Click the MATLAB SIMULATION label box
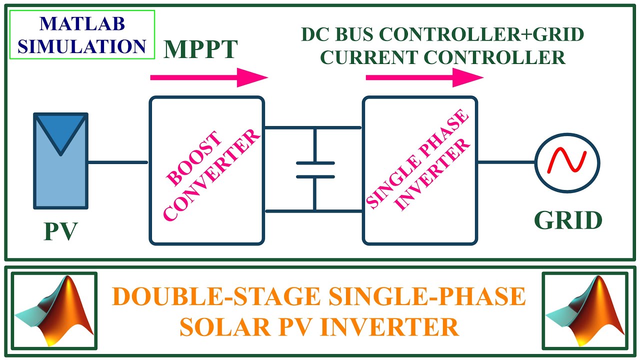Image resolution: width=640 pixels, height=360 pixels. [82, 34]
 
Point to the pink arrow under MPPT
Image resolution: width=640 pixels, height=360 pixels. [209, 77]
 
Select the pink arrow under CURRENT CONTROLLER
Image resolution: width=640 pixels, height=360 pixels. [424, 77]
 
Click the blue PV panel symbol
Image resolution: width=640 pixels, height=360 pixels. [60, 160]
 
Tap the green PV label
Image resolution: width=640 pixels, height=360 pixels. [60, 231]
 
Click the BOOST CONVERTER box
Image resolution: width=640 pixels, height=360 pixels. [207, 170]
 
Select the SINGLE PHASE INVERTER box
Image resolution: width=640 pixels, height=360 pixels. [420, 170]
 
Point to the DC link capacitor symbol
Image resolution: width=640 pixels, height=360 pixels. [314, 169]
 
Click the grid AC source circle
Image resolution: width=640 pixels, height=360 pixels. [567, 162]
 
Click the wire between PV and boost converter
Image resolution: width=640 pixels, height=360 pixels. [118, 162]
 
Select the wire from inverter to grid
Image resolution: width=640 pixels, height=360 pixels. [506, 162]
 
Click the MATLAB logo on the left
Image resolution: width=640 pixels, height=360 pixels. [54, 310]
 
